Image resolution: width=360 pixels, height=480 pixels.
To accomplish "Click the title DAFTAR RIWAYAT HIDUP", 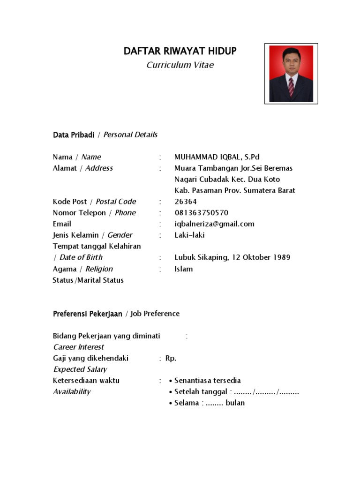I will coord(180,51).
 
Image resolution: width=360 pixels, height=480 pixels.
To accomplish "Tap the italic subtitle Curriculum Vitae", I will coord(180,65).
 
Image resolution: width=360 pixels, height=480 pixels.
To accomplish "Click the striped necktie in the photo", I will coord(291,86).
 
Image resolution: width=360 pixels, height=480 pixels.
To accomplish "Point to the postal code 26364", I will coord(186,202).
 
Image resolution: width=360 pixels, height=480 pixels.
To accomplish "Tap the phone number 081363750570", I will coord(201,213).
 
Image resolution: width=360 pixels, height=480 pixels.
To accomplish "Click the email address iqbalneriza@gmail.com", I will coord(214,224).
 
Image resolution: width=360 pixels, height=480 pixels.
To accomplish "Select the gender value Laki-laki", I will coord(189,235).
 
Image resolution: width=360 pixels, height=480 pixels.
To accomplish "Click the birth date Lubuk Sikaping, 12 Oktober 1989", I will coord(232,257).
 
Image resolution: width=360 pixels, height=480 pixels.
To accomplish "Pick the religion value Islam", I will coord(183,269).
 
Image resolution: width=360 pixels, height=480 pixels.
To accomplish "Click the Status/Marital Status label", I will coord(88,280).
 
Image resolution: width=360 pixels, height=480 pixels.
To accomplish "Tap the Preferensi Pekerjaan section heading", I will coord(88,314).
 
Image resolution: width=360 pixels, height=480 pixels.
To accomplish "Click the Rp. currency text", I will coord(171,358).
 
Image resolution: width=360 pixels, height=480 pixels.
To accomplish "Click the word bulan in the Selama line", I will coord(235,403).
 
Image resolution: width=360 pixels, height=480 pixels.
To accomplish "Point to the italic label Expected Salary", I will coord(80,369).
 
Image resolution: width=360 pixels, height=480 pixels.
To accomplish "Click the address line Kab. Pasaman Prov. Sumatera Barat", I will coord(235,191).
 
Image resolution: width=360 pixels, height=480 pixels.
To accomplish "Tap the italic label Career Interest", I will coord(78,347).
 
